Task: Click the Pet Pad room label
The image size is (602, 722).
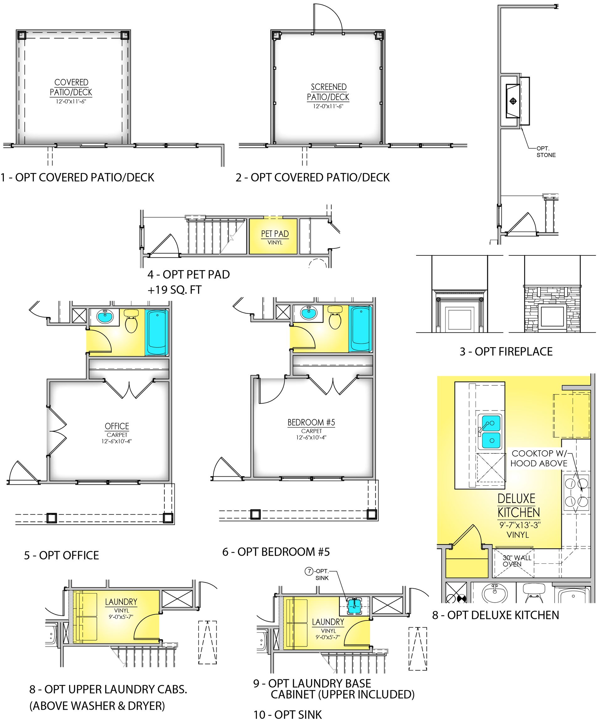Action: pos(275,234)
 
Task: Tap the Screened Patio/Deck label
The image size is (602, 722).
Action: pos(328,92)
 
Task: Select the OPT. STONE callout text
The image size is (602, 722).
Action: pos(546,152)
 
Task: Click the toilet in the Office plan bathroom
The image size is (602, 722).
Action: pos(131,321)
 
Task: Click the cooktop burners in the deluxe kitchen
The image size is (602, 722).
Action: pos(576,493)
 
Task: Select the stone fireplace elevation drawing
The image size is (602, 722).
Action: pos(552,308)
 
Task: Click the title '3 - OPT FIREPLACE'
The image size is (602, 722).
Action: pos(506,351)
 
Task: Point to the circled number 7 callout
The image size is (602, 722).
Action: pos(309,571)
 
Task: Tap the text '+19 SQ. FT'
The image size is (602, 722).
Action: pos(174,290)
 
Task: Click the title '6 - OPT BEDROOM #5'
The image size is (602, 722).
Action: pos(276,552)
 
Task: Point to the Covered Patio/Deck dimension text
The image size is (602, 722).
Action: pos(71,102)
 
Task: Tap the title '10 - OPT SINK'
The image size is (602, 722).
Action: pos(288,715)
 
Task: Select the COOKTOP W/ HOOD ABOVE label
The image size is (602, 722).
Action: pos(539,458)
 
